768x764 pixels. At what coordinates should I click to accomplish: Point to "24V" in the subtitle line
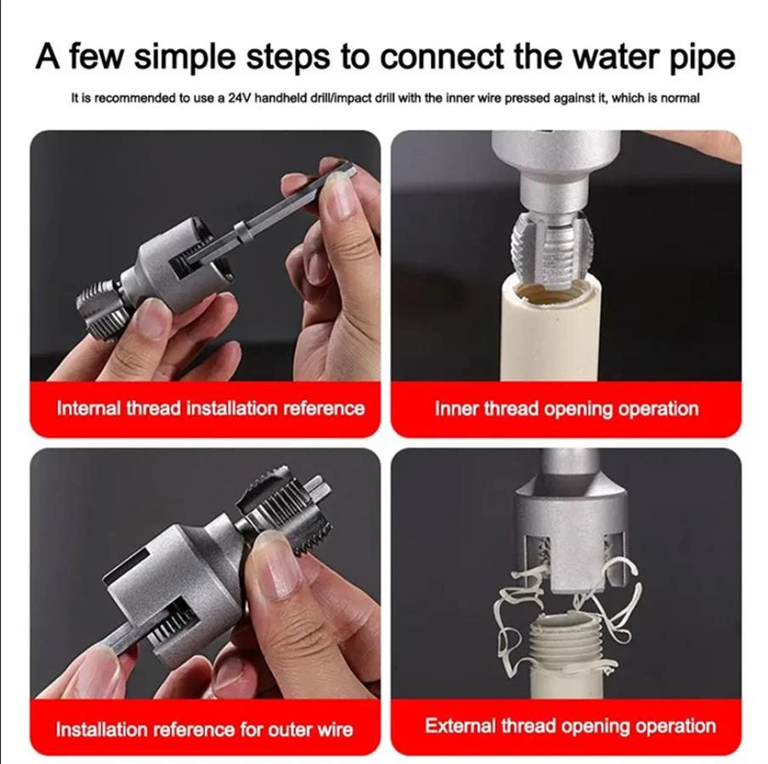pyautogui.click(x=240, y=98)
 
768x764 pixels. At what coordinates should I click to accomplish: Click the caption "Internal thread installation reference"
pyautogui.click(x=211, y=408)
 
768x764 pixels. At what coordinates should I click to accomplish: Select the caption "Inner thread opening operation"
pyautogui.click(x=567, y=409)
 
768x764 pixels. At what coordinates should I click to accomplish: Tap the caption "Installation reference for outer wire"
pyautogui.click(x=204, y=729)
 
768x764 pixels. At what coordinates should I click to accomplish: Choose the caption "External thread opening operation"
pyautogui.click(x=571, y=726)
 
